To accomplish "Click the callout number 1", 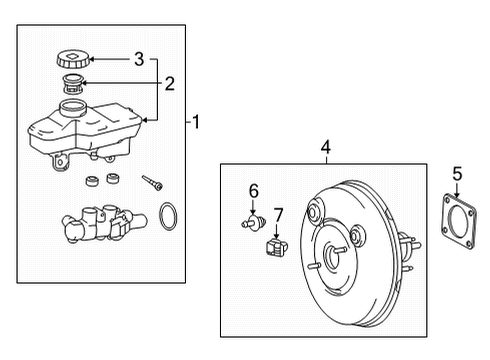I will [197, 124].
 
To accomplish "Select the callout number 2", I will [170, 84].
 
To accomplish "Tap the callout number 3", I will [139, 59].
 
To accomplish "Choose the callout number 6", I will [254, 191].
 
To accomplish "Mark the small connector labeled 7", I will [276, 246].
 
